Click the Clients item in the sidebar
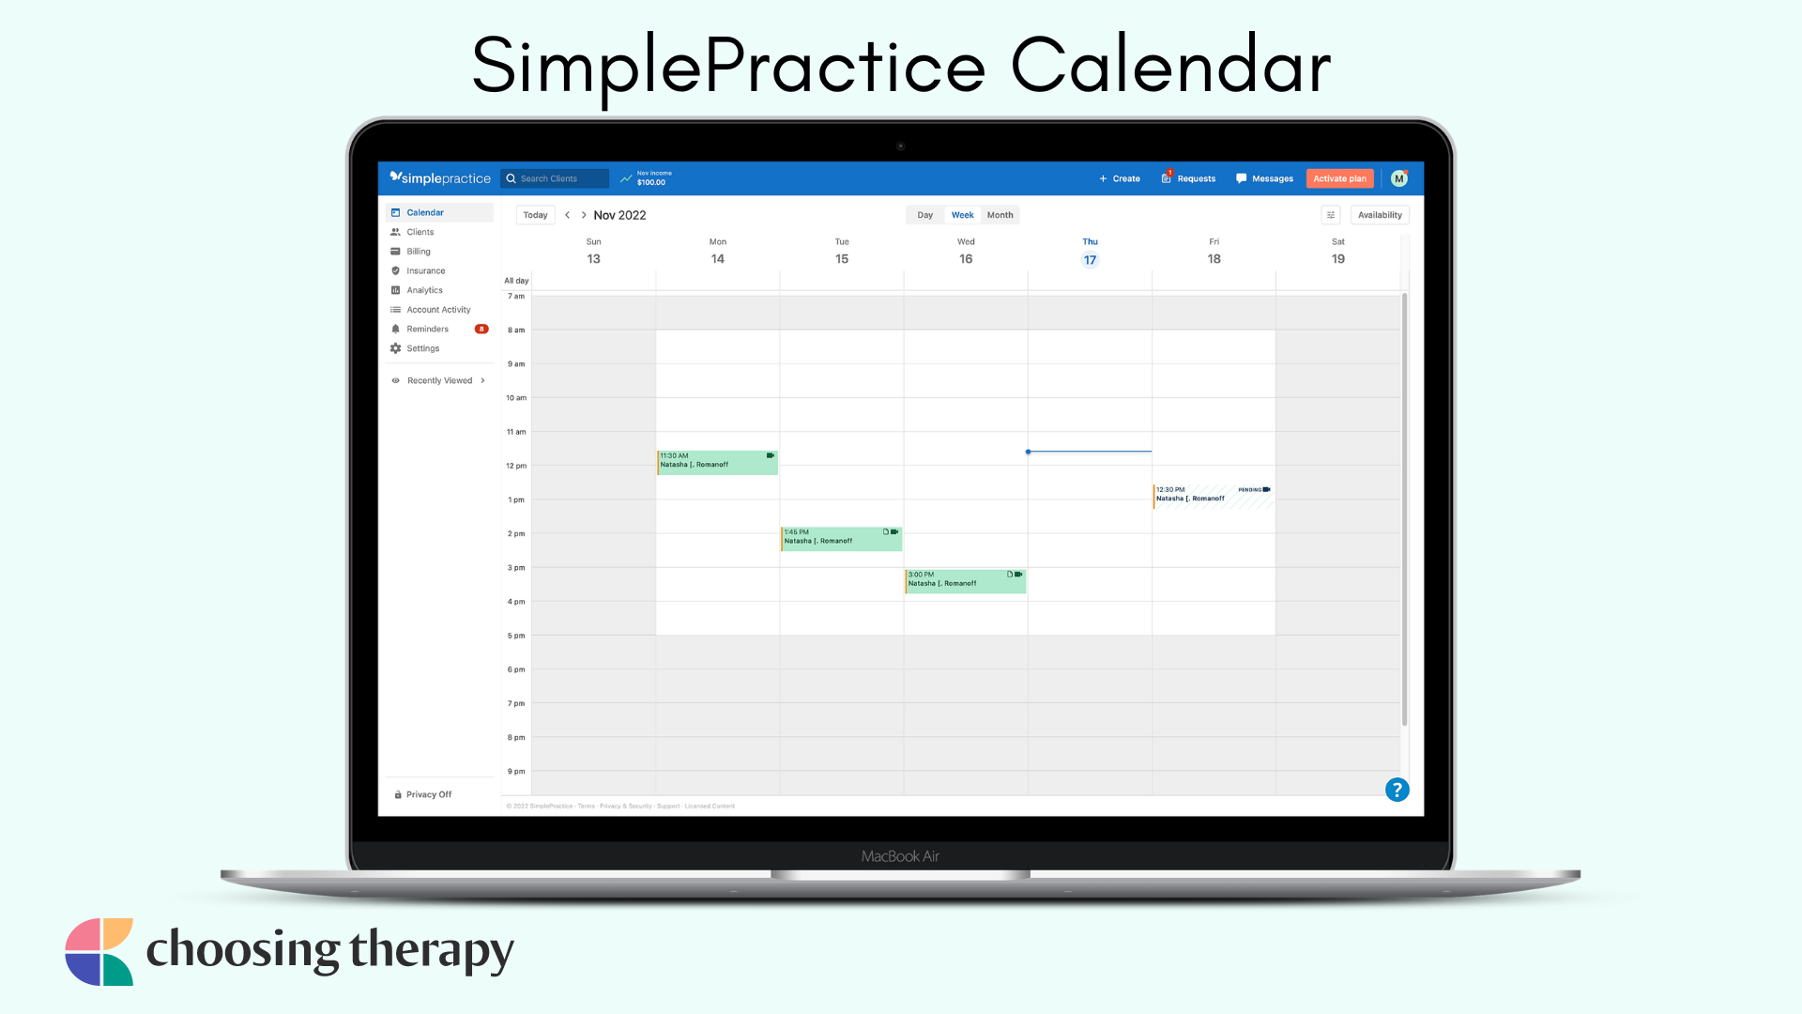point(420,232)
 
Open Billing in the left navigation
point(418,252)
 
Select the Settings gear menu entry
point(422,348)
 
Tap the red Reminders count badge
point(481,330)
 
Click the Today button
point(535,215)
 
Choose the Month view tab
point(1000,215)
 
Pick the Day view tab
point(924,215)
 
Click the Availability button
point(1379,215)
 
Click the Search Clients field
point(556,178)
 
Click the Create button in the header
point(1120,178)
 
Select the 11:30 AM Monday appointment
point(717,462)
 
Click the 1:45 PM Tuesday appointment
point(841,538)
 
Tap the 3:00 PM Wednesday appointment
point(965,580)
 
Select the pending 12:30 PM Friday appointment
point(1213,495)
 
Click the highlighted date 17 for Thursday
point(1090,260)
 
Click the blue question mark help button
point(1397,790)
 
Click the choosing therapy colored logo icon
point(99,951)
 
